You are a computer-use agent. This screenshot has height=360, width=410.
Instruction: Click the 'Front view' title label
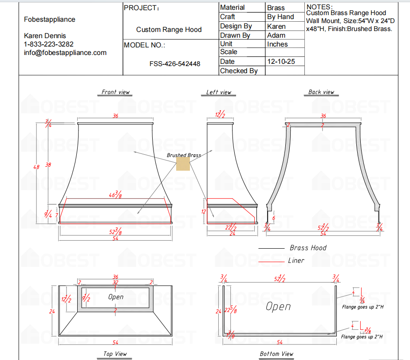coord(115,92)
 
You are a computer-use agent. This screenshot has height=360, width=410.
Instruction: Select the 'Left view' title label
coord(219,92)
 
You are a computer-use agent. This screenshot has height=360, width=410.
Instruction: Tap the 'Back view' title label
coord(321,92)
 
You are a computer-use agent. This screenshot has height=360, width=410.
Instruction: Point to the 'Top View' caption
coord(115,354)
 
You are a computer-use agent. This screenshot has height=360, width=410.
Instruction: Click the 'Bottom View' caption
coord(276,354)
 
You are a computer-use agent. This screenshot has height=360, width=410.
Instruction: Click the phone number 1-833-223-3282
coord(49,44)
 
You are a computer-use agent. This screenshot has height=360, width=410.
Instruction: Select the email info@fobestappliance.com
coord(65,53)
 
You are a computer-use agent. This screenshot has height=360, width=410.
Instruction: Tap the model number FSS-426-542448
coord(174,64)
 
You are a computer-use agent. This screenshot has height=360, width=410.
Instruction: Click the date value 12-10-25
coord(281,62)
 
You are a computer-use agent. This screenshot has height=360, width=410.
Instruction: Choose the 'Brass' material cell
coord(276,8)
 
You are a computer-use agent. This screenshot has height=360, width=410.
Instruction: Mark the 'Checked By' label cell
coord(239,71)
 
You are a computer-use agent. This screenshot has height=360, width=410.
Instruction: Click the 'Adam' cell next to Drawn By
coord(276,35)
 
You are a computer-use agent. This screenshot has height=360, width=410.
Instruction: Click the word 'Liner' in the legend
coord(296,261)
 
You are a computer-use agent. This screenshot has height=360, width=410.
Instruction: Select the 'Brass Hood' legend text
coord(308,248)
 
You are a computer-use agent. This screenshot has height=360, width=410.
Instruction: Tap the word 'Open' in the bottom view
coord(278,306)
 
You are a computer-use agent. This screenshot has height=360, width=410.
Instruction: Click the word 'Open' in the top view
coord(116,297)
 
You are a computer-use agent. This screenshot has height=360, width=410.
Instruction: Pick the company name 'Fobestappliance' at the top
coord(50,20)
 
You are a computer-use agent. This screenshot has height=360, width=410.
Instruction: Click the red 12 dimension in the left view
coord(204,212)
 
